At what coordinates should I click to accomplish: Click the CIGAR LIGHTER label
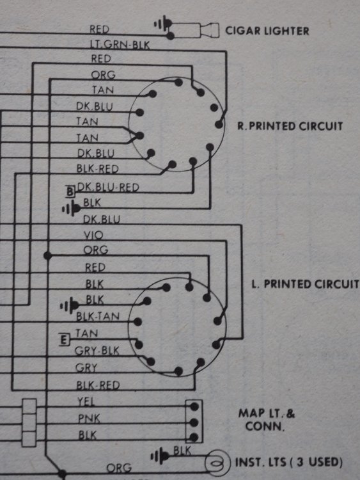click(267, 31)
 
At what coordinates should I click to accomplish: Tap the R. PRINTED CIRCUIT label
click(290, 126)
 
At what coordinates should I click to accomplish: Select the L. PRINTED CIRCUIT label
click(305, 284)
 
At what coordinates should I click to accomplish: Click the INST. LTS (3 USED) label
click(288, 462)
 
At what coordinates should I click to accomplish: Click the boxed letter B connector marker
click(70, 191)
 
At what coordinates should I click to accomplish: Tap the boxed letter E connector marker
click(64, 340)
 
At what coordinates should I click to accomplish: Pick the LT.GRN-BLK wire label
click(120, 45)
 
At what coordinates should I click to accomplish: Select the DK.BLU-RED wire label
click(108, 187)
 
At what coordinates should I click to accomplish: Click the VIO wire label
click(93, 235)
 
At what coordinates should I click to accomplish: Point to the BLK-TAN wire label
click(98, 316)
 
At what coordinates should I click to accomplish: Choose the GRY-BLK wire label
click(97, 351)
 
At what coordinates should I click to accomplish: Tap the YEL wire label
click(86, 401)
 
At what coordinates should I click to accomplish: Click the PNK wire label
click(89, 419)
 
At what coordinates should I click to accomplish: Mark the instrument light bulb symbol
click(217, 462)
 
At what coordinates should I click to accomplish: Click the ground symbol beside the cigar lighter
click(163, 24)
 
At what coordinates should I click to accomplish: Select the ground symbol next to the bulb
click(160, 456)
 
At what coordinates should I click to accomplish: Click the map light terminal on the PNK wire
click(194, 423)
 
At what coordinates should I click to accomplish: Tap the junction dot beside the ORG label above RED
click(48, 255)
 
